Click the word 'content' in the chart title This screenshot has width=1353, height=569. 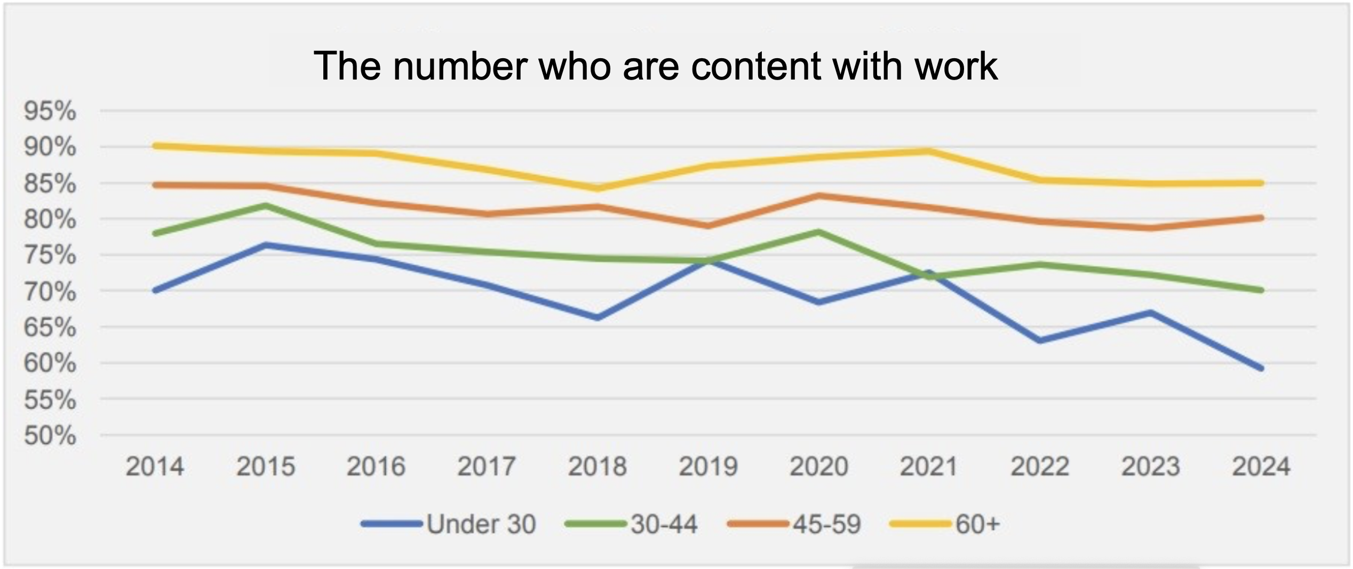755,66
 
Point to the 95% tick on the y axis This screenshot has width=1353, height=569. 50,112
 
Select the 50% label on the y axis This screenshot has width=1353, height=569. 50,436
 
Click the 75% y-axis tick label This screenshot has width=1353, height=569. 50,255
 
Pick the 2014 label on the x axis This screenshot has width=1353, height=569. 155,467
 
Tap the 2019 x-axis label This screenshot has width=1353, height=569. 708,467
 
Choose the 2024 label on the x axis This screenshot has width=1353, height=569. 1261,467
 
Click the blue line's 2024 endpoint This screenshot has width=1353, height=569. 1261,368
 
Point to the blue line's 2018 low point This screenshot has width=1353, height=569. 598,318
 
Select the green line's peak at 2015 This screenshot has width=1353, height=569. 266,206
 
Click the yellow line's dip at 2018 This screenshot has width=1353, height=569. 598,188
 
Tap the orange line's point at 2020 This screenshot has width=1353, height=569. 818,196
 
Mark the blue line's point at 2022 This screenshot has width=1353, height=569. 1040,341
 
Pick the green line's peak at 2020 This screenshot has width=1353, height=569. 818,232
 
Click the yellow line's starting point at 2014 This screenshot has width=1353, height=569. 155,146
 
